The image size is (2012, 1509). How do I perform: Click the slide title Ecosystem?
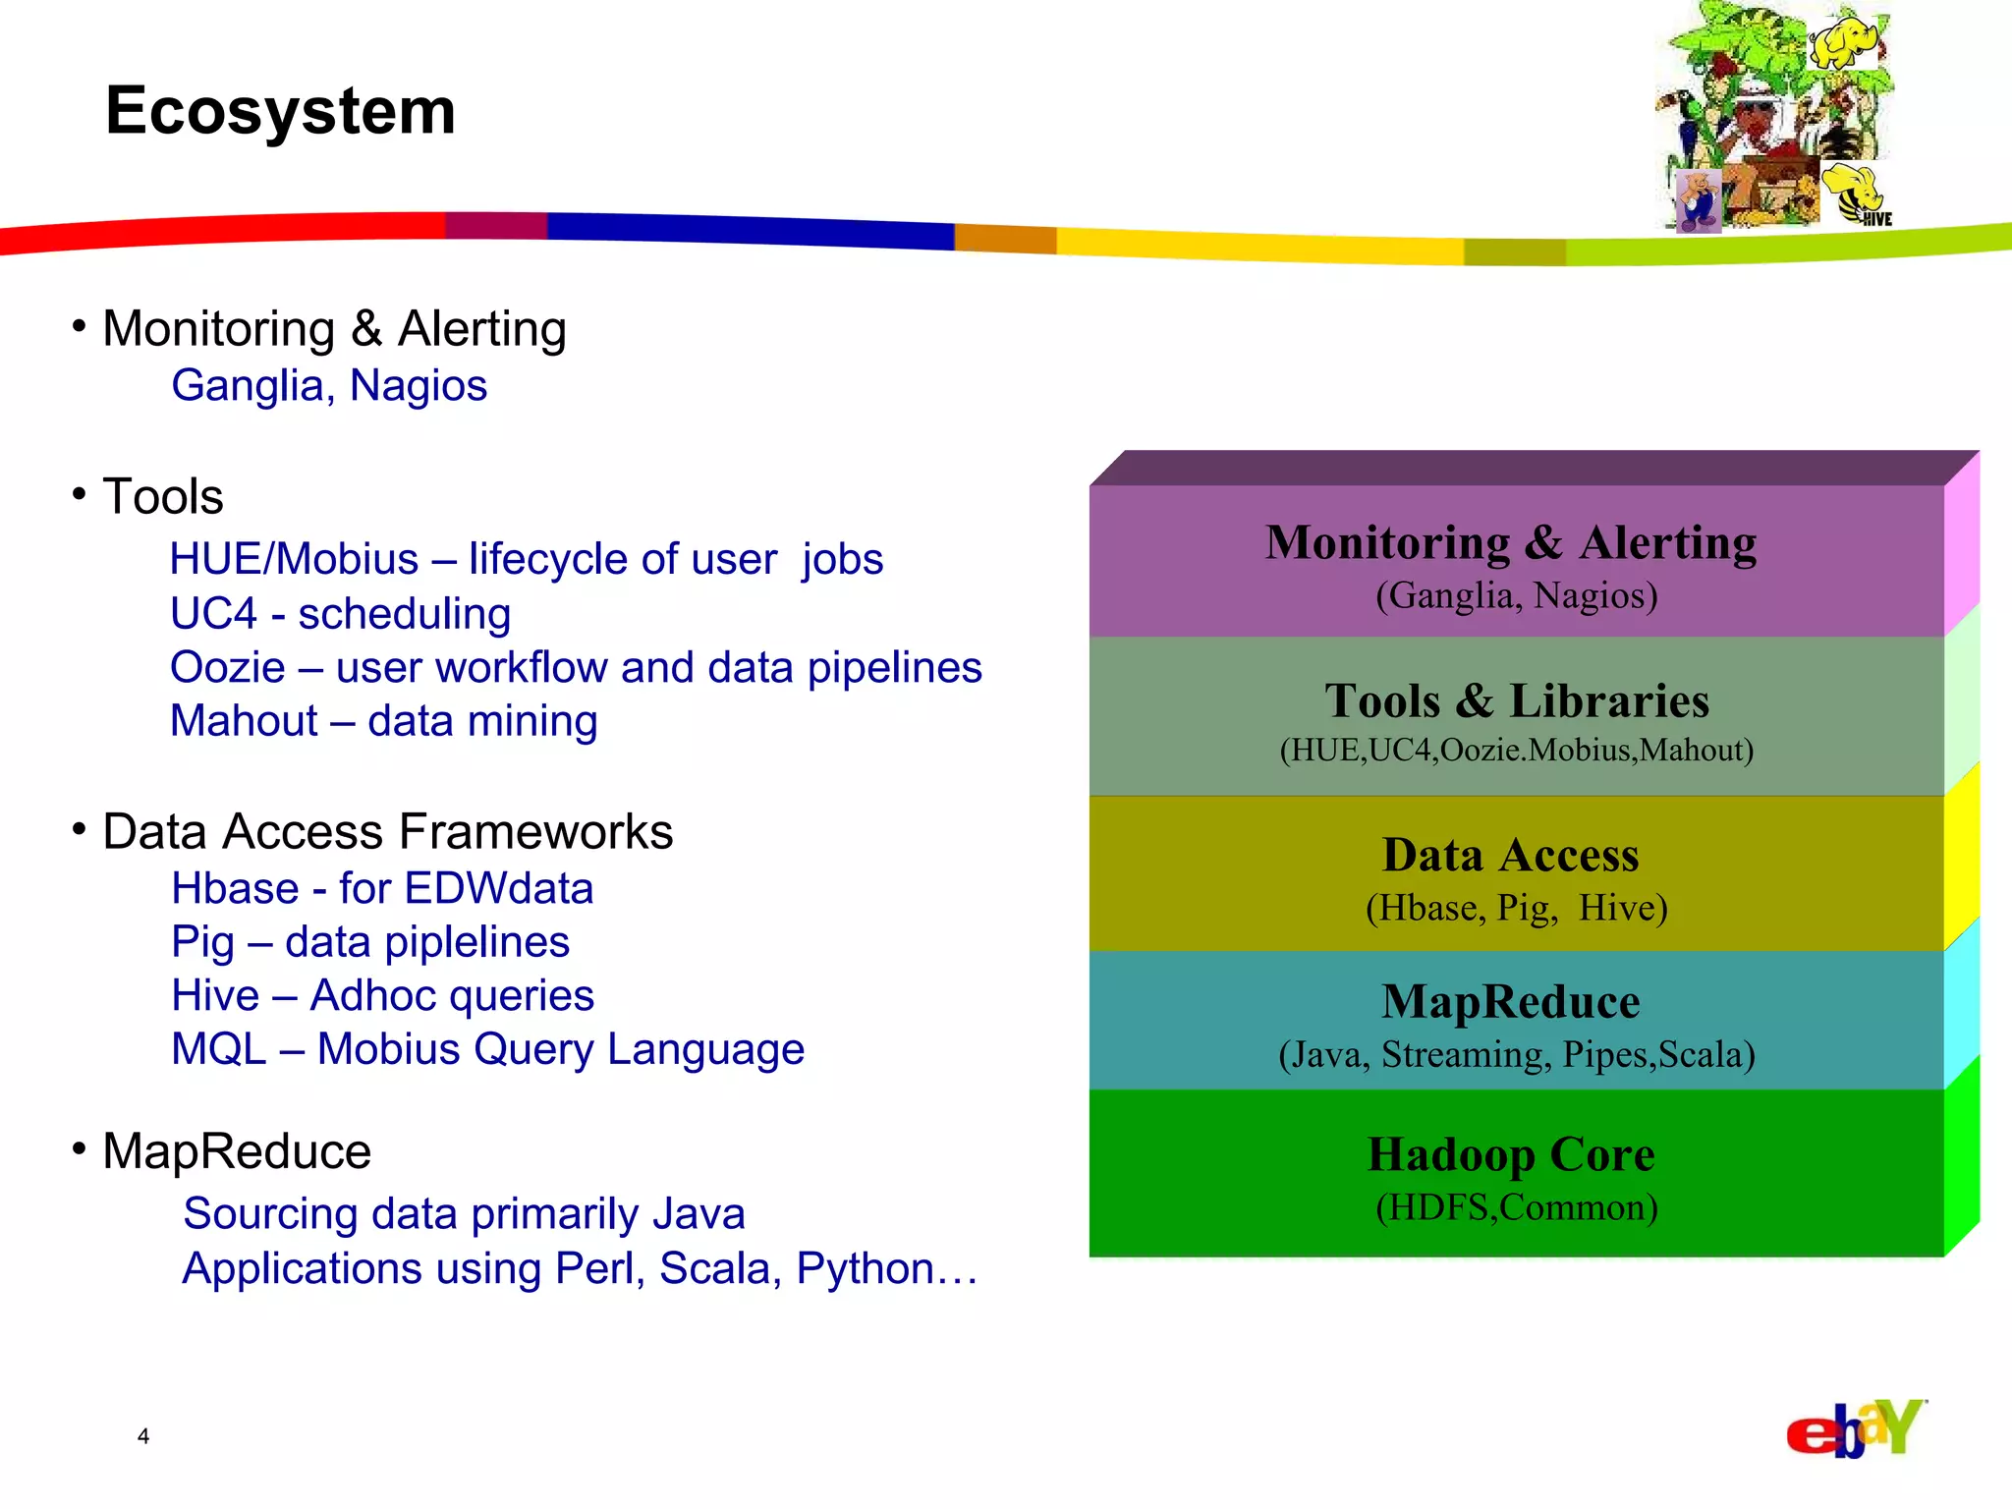tap(281, 111)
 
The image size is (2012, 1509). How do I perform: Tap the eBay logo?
tap(1855, 1428)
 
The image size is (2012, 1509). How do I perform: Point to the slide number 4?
tap(143, 1436)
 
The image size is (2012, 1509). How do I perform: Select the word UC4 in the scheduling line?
tap(213, 614)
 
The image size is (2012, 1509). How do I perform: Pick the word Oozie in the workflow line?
tap(227, 668)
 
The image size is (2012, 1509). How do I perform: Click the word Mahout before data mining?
tap(244, 721)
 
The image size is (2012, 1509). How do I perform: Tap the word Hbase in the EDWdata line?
tap(235, 889)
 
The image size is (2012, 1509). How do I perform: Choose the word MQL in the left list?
tap(218, 1049)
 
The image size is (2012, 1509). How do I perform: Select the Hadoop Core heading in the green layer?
tap(1511, 1154)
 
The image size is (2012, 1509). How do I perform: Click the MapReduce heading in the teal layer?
tap(1511, 1002)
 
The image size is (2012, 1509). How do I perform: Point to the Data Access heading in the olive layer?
tap(1511, 855)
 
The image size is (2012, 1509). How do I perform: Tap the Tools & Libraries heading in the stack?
tap(1517, 701)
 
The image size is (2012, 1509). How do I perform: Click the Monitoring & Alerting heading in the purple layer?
tap(1511, 542)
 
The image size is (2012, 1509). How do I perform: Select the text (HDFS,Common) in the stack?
tap(1517, 1207)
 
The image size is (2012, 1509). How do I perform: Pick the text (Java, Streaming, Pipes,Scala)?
tap(1517, 1055)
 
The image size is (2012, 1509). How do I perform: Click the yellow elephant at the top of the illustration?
tap(1847, 41)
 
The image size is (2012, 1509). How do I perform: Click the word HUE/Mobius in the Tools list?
tap(294, 560)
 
